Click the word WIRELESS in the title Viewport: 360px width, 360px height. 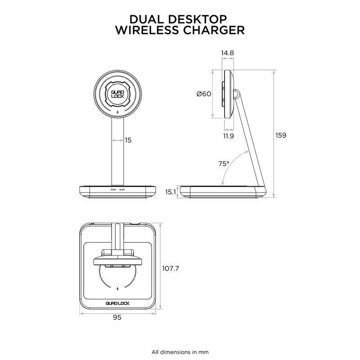pos(146,30)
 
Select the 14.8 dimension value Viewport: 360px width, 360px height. pos(228,53)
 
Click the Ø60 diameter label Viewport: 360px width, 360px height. pos(204,94)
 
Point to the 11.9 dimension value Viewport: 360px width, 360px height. pos(228,135)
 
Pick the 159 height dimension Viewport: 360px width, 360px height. pos(281,135)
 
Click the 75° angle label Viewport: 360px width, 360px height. pos(224,164)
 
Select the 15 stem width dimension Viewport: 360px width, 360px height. pos(128,140)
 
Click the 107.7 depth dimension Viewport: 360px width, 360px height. pos(171,269)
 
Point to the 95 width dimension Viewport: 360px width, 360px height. pos(117,317)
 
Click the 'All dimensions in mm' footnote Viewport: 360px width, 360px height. pos(180,351)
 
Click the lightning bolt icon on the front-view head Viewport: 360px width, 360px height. pos(117,113)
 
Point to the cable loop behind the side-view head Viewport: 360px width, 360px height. pos(237,94)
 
